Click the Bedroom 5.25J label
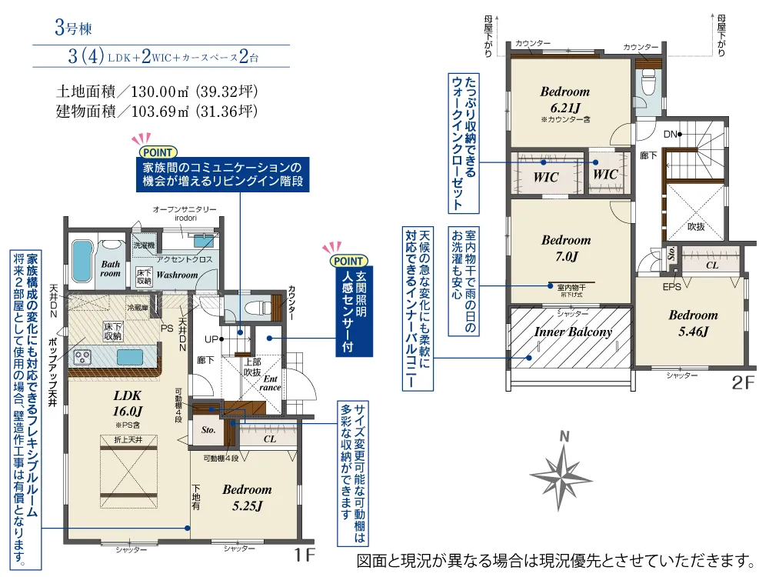pyautogui.click(x=247, y=497)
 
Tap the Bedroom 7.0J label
pyautogui.click(x=565, y=247)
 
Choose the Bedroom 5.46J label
pyautogui.click(x=692, y=323)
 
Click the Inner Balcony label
pyautogui.click(x=573, y=332)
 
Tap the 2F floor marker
pyautogui.click(x=742, y=382)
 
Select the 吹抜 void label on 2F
pyautogui.click(x=696, y=227)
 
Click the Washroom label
pyautogui.click(x=178, y=275)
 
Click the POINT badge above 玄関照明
pyautogui.click(x=348, y=261)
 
